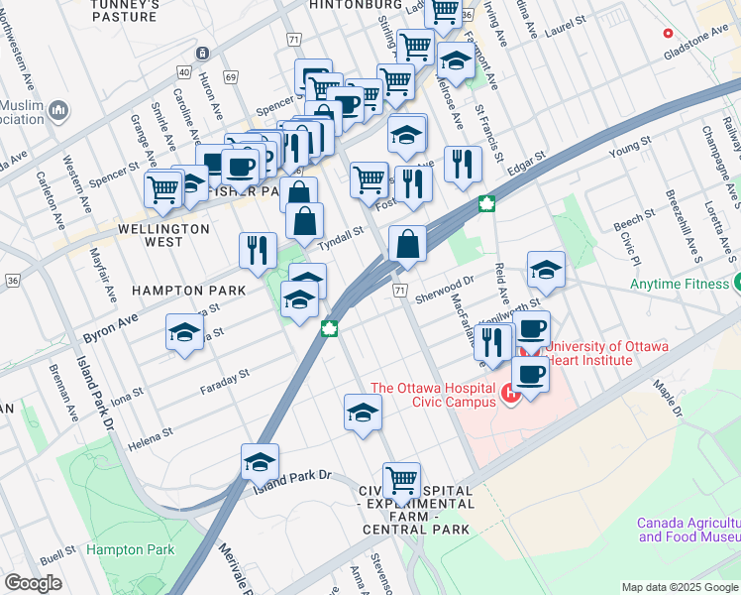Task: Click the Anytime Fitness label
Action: [680, 284]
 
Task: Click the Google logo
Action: [33, 583]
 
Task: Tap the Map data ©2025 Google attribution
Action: [679, 587]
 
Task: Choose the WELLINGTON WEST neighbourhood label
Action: [162, 235]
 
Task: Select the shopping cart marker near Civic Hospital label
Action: [401, 481]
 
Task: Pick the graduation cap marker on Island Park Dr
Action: [260, 462]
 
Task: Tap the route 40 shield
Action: [184, 71]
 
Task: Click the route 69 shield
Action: [231, 76]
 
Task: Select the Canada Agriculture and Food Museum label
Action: [688, 530]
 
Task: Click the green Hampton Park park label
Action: [130, 549]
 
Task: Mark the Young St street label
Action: [627, 151]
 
